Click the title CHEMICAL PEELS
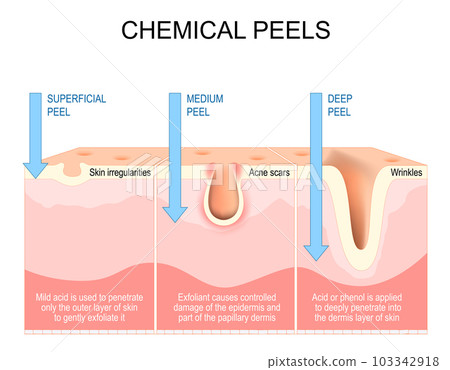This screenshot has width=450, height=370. (x=224, y=30)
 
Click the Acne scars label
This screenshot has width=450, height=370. (x=268, y=172)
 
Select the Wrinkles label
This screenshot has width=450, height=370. (x=406, y=172)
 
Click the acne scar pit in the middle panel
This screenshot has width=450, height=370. (x=222, y=200)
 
